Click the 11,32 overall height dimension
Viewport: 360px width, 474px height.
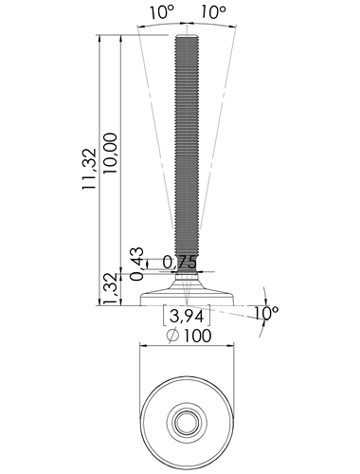(89, 169)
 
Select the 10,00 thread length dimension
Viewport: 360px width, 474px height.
(110, 153)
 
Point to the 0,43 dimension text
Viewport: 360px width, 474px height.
(137, 264)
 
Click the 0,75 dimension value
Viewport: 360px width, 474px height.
(180, 263)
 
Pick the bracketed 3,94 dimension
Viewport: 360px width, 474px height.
(187, 316)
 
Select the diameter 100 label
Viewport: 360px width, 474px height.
(189, 336)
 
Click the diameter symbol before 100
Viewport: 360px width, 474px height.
(172, 336)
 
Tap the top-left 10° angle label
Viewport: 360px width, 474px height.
(162, 12)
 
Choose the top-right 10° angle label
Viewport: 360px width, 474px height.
(213, 12)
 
